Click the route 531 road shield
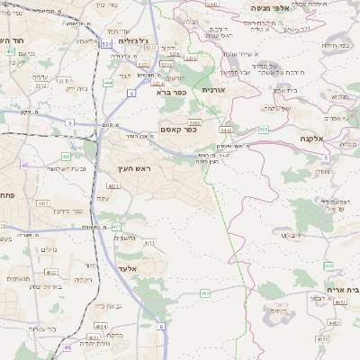tap(107, 43)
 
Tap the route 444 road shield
tap(108, 82)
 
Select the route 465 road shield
tap(205, 292)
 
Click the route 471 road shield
tap(116, 227)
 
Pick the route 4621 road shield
tap(51, 272)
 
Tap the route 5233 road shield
tap(142, 64)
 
